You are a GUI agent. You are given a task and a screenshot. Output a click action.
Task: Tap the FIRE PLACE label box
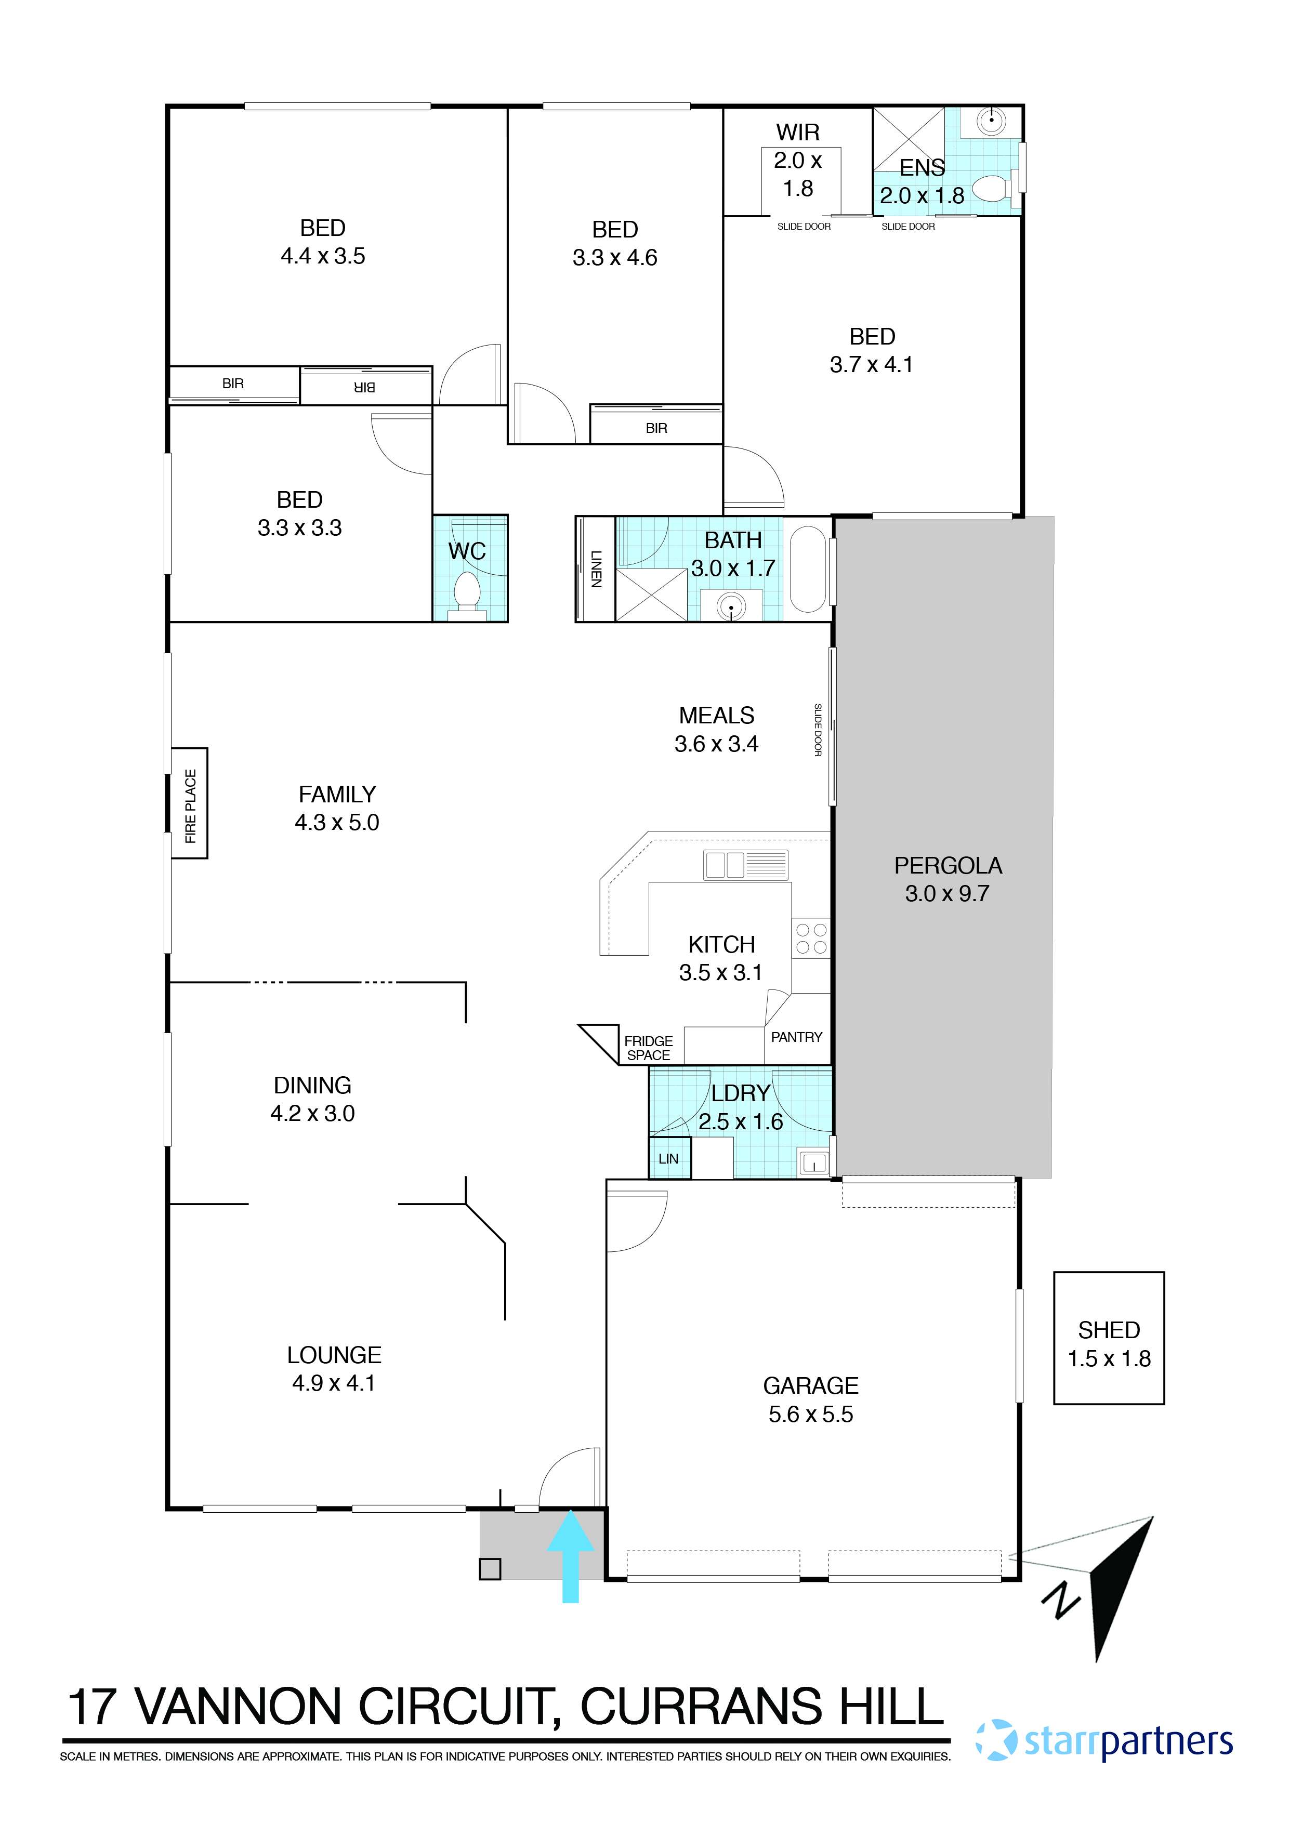(190, 803)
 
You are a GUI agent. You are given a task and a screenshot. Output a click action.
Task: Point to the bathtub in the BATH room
(808, 569)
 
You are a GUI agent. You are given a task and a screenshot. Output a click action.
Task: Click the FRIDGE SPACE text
(648, 1048)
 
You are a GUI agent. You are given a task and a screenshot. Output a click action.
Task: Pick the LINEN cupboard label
(596, 569)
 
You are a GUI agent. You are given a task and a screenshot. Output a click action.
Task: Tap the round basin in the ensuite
(991, 121)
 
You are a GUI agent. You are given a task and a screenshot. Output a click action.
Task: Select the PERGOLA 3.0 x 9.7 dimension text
(948, 894)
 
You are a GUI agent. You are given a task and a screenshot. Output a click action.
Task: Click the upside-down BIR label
(364, 388)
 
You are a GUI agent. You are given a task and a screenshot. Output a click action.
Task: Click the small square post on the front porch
(490, 1569)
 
